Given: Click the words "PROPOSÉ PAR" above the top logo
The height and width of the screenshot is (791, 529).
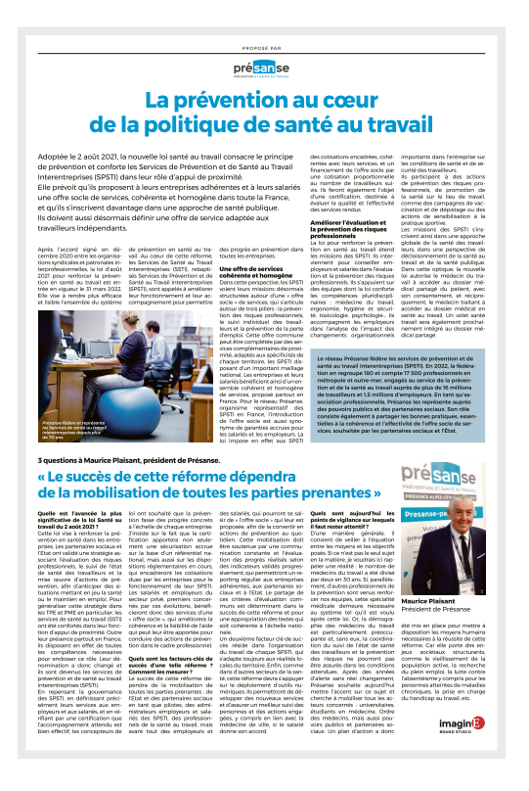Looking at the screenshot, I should [264, 45].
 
